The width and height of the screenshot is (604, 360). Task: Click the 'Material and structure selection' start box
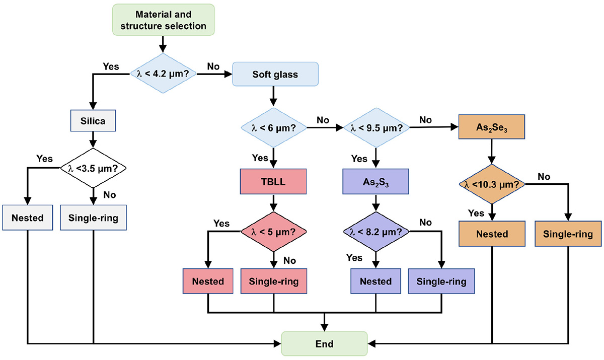(x=162, y=19)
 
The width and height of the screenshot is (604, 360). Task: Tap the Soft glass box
(x=275, y=75)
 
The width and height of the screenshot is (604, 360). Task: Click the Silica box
(x=94, y=121)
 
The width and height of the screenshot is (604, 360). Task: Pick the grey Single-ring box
(x=94, y=218)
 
